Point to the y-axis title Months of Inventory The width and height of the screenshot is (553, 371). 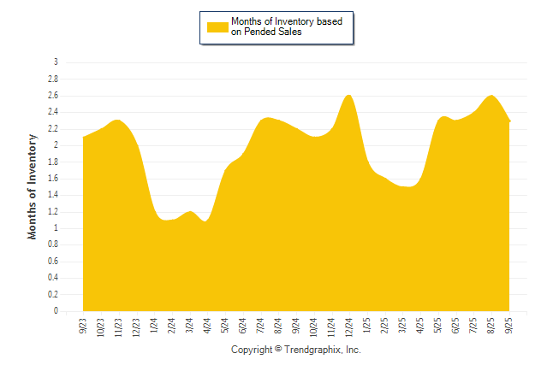[x=33, y=185]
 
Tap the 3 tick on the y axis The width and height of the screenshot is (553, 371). [x=56, y=62]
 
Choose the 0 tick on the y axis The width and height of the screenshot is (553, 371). [x=56, y=311]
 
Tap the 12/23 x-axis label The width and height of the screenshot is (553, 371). [x=136, y=327]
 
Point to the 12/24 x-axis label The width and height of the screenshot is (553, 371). [x=349, y=327]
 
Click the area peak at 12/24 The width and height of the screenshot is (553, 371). [x=348, y=95]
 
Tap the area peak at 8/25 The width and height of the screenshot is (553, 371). [x=491, y=96]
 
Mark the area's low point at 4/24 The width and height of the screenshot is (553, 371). [x=205, y=221]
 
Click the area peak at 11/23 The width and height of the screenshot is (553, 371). [x=118, y=120]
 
